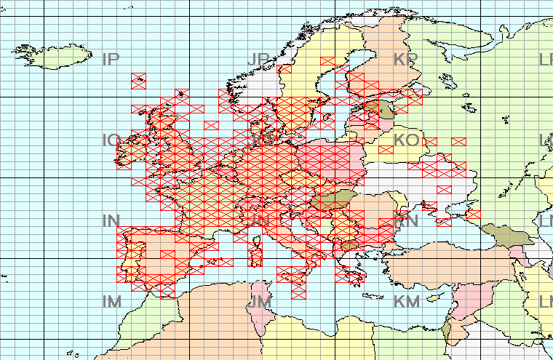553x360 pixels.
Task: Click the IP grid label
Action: pyautogui.click(x=111, y=59)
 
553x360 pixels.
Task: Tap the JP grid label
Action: pyautogui.click(x=258, y=59)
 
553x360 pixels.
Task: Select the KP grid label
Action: pyautogui.click(x=405, y=59)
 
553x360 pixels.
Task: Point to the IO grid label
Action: pyautogui.click(x=111, y=139)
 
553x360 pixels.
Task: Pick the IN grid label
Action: pyautogui.click(x=111, y=220)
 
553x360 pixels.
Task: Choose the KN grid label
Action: pyautogui.click(x=405, y=220)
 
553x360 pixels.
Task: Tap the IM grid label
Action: pyautogui.click(x=112, y=300)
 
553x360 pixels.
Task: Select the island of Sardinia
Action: pyautogui.click(x=255, y=252)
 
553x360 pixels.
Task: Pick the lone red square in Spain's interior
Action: pyautogui.click(x=167, y=254)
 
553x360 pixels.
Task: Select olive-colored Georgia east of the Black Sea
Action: pyautogui.click(x=502, y=236)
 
